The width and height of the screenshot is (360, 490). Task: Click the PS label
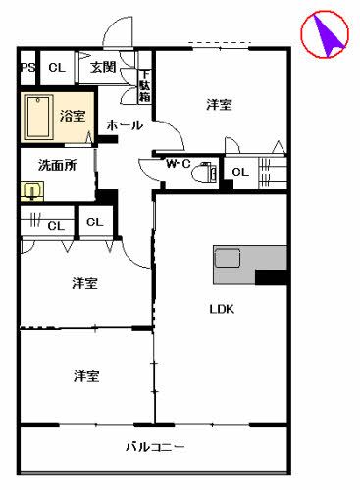[26, 68]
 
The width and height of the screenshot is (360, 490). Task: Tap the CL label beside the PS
[56, 68]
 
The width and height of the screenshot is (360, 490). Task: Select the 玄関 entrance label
[102, 68]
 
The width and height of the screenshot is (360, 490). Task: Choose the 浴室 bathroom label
[72, 116]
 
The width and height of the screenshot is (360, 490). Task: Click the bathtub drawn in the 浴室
[38, 119]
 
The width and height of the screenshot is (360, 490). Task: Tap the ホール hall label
[124, 125]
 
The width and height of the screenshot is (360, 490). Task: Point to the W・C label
[178, 163]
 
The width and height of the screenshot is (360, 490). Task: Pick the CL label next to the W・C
[239, 173]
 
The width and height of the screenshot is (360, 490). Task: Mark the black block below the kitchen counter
[271, 277]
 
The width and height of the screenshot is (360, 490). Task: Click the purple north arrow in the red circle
[326, 35]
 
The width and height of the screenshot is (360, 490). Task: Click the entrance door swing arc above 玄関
[119, 32]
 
